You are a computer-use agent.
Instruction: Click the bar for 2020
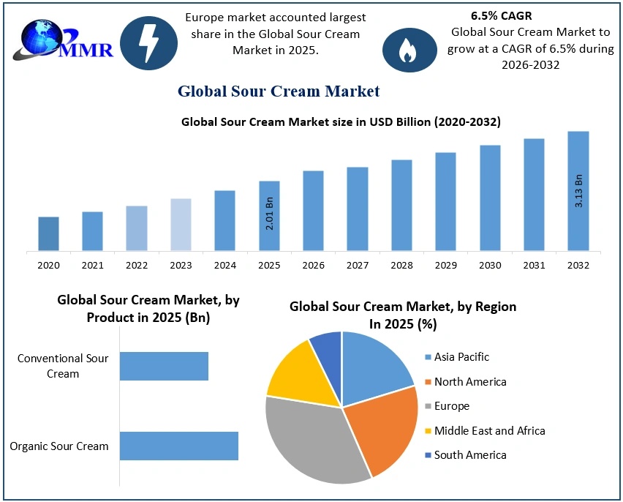coord(49,233)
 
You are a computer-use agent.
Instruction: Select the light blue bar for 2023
coord(181,225)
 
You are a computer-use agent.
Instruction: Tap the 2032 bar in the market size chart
coord(578,191)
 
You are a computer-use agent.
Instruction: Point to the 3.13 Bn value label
coord(578,191)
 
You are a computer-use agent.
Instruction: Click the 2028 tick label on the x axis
coord(401,265)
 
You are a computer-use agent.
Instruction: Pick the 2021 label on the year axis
coord(92,265)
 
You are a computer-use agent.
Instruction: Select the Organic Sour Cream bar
coord(179,446)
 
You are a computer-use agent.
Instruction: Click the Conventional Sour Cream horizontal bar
coord(164,366)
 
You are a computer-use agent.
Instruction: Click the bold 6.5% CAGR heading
coord(502,15)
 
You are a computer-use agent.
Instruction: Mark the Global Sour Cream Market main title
coord(279,91)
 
